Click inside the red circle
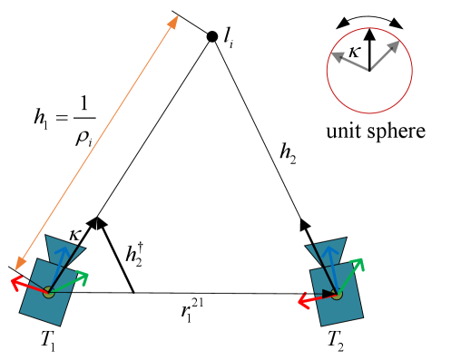pos(369,71)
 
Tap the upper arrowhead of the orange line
pos(174,21)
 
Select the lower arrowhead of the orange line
pos(20,264)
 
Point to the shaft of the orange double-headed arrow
pos(97,142)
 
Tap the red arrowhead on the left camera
pos(15,282)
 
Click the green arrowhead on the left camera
pos(83,276)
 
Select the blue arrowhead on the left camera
pos(62,252)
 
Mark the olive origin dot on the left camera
pos(48,292)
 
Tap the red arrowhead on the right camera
pos(303,301)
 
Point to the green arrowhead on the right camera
pos(358,263)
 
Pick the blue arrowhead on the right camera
pos(330,250)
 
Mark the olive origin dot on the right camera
pos(337,294)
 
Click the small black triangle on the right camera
pos(327,293)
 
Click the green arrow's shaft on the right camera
pos(348,278)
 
